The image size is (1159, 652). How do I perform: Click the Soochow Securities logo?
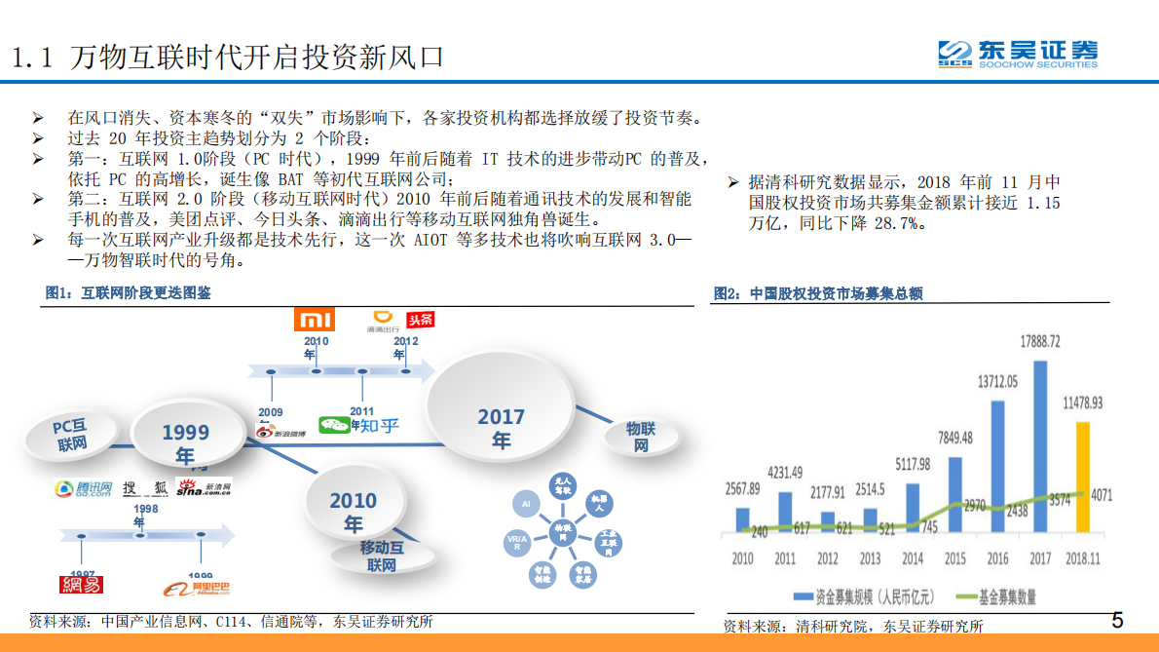pos(1017,53)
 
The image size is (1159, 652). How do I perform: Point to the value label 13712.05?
pos(997,382)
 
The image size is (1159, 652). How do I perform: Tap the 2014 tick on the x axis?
pos(913,558)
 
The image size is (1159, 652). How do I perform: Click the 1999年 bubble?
pos(185,442)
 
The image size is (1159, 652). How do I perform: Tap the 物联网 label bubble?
pos(640,437)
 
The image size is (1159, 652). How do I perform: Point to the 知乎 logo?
pos(375,425)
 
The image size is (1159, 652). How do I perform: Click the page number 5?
pos(1117,621)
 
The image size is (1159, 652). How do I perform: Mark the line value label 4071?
pos(1102,495)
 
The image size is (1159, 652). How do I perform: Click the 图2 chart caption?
pos(818,293)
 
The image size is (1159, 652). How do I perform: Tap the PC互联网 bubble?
pos(72,435)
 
